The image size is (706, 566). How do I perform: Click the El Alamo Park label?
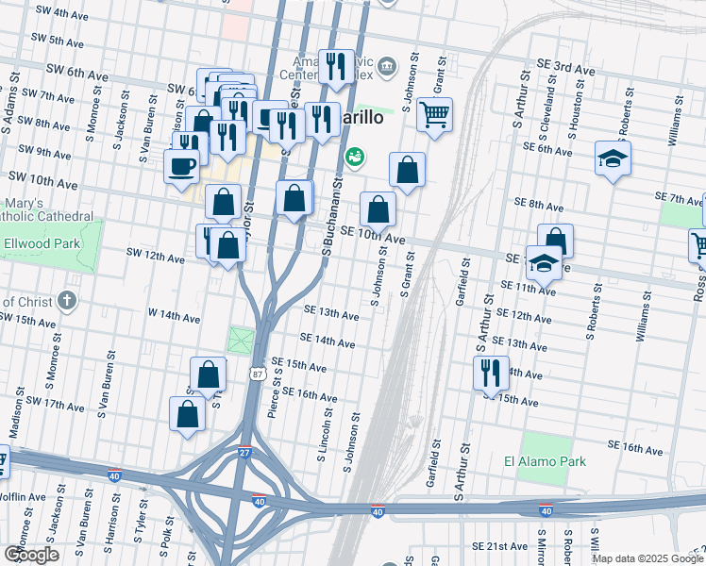(545, 461)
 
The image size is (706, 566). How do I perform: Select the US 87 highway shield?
(257, 375)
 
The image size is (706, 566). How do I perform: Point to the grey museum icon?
(387, 67)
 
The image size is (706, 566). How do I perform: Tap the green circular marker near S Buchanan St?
(355, 157)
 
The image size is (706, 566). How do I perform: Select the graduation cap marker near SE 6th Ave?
(614, 158)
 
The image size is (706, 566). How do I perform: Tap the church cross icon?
(66, 301)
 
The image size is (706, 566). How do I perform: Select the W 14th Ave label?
(149, 313)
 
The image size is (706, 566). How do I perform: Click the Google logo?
(31, 554)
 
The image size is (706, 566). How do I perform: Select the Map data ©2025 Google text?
(647, 558)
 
